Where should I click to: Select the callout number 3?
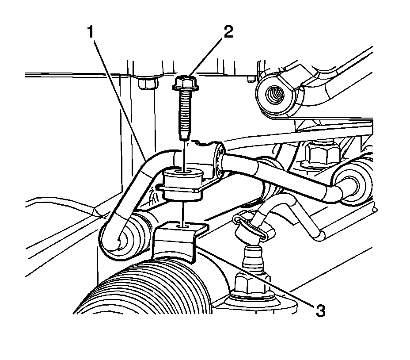320,310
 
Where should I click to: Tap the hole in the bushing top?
183,170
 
